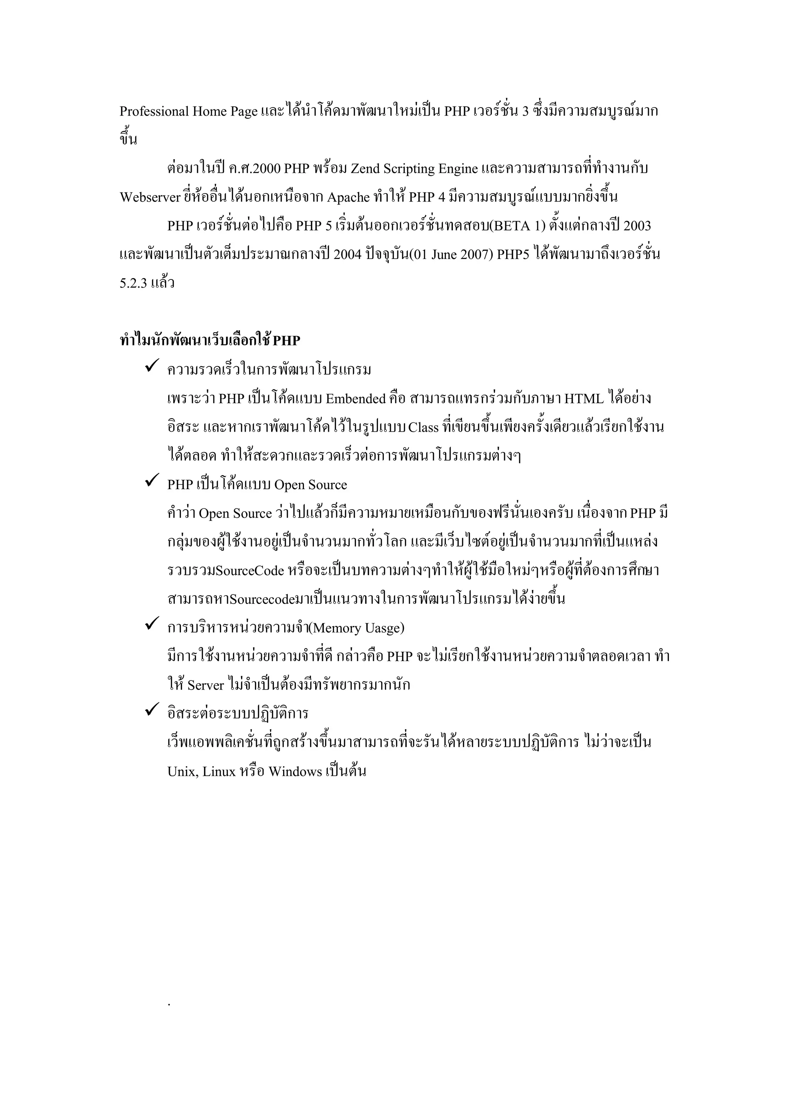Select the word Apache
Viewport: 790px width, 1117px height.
tap(348, 197)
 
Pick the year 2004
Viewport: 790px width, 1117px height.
tap(348, 255)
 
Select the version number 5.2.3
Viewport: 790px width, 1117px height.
tap(133, 284)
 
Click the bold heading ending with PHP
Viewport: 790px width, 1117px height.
tap(210, 341)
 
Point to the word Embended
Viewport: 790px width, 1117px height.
tap(355, 399)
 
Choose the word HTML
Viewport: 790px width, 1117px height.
tap(584, 399)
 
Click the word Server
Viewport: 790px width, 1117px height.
tap(206, 685)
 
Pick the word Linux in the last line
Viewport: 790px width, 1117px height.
tap(219, 772)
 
